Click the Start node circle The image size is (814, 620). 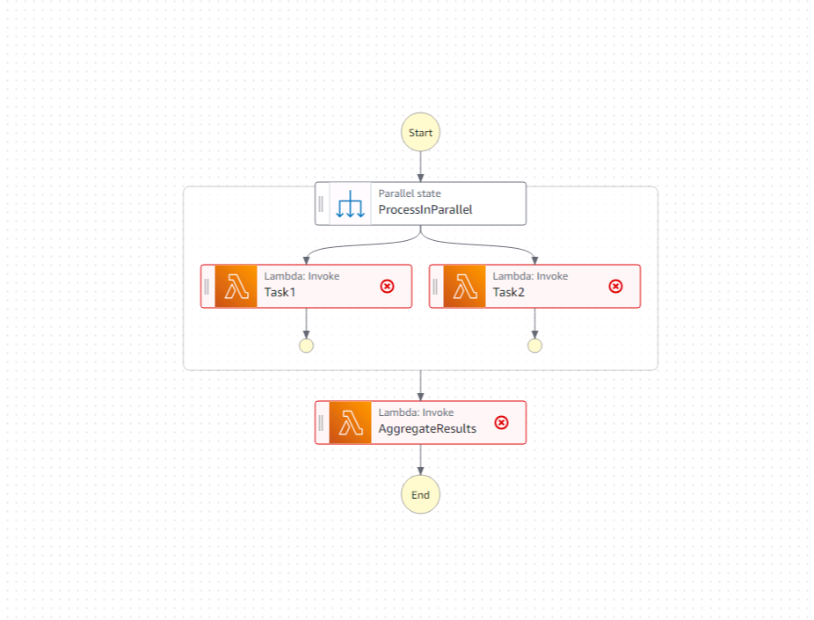tap(420, 133)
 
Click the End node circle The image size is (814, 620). tap(420, 494)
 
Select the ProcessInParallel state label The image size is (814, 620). tap(425, 210)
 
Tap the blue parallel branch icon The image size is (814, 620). tap(350, 204)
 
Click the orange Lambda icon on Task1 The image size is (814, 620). tap(236, 287)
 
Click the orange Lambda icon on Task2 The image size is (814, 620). tap(464, 287)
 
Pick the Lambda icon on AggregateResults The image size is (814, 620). tap(350, 423)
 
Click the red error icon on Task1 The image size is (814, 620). tap(387, 287)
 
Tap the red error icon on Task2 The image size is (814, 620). tap(615, 287)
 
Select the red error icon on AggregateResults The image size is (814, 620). tap(501, 423)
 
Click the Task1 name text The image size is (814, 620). tap(280, 293)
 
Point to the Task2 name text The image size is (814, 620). tap(509, 293)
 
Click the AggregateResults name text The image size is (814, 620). tap(427, 429)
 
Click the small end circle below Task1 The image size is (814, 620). tap(306, 346)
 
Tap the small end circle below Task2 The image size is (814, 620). tap(534, 346)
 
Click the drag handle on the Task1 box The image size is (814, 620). tap(207, 287)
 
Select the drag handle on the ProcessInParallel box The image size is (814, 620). tap(321, 204)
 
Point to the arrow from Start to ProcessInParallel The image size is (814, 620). tap(420, 165)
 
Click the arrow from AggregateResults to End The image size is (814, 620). tap(420, 460)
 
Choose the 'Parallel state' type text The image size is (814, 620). tap(410, 193)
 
